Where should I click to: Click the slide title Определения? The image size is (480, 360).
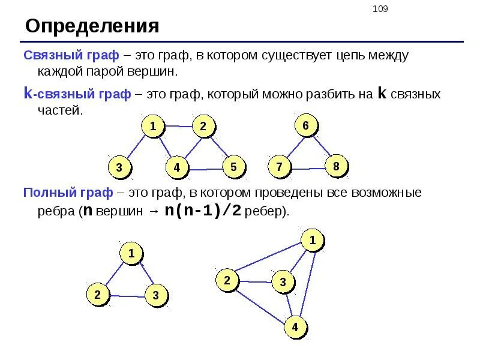(x=92, y=26)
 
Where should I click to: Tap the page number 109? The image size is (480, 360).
(x=380, y=9)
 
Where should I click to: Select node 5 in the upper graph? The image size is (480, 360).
(x=234, y=166)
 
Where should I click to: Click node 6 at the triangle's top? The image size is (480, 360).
(x=305, y=126)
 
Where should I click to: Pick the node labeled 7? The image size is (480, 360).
(x=279, y=167)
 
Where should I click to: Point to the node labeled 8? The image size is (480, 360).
(x=336, y=166)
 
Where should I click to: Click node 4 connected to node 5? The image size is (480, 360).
(x=177, y=168)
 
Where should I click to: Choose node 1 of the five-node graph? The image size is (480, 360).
(x=153, y=127)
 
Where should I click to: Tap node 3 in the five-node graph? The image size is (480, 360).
(x=119, y=167)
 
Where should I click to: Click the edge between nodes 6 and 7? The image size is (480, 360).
(x=292, y=147)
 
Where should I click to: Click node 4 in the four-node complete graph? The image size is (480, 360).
(x=295, y=328)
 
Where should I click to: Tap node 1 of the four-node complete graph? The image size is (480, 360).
(x=312, y=241)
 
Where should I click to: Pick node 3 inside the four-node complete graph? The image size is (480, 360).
(x=284, y=281)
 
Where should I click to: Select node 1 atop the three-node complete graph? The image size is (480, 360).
(x=131, y=253)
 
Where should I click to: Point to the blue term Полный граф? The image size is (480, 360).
(x=68, y=193)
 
